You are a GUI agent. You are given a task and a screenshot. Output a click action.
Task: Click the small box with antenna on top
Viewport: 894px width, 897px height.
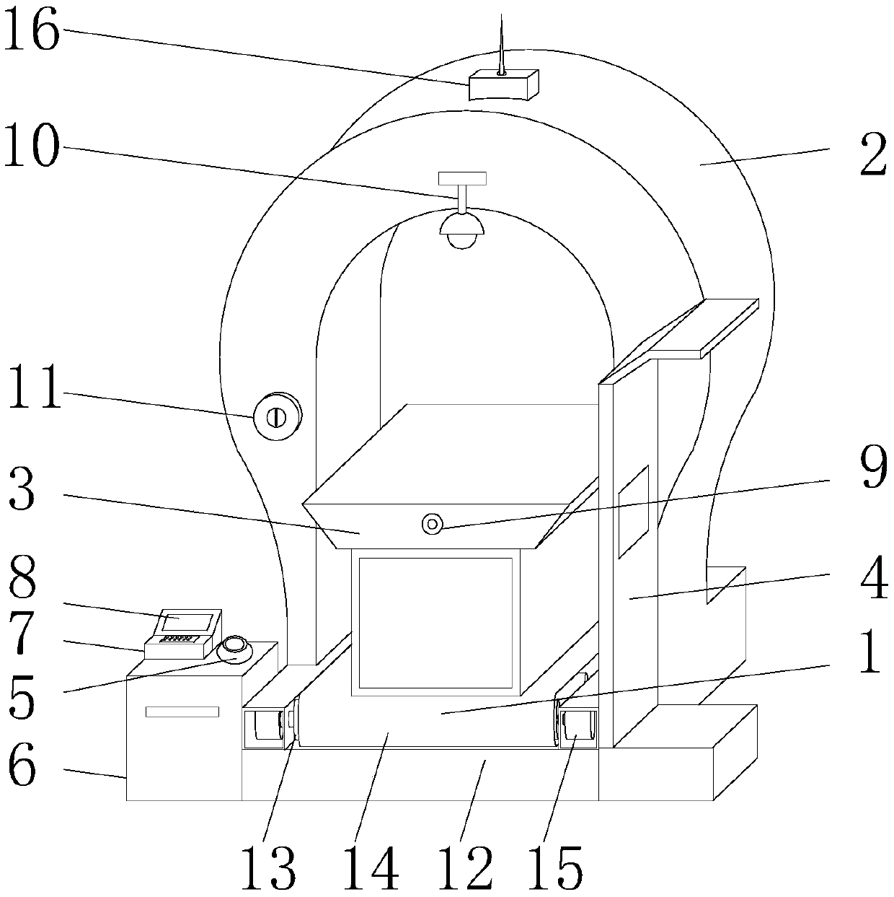click(503, 85)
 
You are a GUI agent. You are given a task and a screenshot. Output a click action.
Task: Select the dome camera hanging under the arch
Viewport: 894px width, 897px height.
click(462, 229)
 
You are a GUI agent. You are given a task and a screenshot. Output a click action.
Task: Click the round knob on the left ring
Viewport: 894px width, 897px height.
click(276, 416)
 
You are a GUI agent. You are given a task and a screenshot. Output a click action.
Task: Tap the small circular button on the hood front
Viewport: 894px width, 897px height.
click(433, 524)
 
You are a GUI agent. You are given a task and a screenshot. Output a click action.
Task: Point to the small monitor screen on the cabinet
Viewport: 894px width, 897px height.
click(187, 621)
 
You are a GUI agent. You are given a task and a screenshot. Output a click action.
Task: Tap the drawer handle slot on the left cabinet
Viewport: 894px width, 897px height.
click(182, 712)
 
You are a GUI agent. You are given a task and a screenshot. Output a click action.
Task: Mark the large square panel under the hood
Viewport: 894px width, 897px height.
click(435, 622)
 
